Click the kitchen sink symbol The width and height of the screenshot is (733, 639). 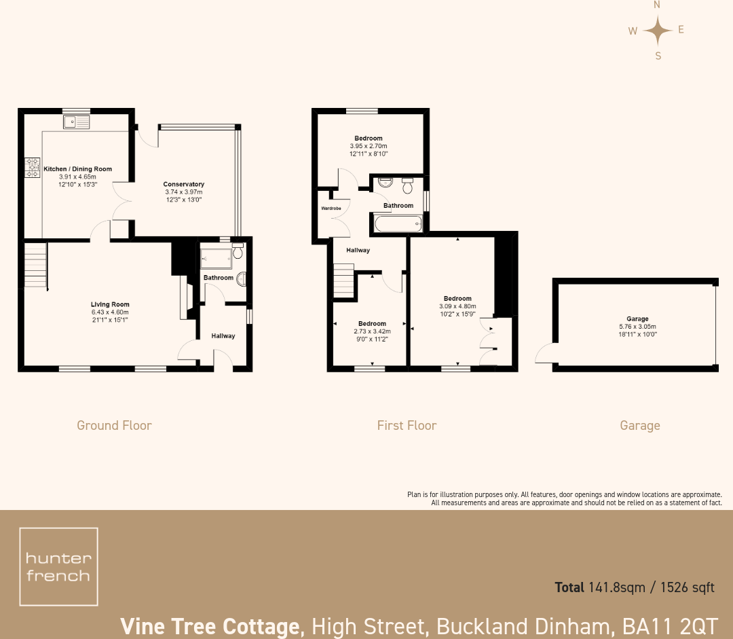click(x=76, y=122)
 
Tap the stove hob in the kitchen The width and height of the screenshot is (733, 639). click(x=33, y=168)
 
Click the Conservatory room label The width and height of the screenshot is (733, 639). click(x=183, y=184)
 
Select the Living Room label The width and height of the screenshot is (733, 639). click(x=110, y=304)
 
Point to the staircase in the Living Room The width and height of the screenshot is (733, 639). click(x=35, y=266)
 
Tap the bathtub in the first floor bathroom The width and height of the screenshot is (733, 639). click(x=397, y=223)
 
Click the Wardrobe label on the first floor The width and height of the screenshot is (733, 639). click(x=331, y=208)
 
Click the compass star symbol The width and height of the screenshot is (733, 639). click(x=657, y=30)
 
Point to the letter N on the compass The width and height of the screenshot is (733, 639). click(x=656, y=5)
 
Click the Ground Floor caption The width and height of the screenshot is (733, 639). click(x=114, y=426)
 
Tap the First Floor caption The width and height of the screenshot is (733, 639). click(x=407, y=426)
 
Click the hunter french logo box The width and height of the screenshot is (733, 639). click(x=58, y=566)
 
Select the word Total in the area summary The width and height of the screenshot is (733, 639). click(x=569, y=587)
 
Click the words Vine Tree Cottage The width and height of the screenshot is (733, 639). click(x=210, y=625)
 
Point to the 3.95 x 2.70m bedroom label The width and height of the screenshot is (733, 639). click(x=369, y=146)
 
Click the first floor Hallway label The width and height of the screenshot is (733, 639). click(x=358, y=251)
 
